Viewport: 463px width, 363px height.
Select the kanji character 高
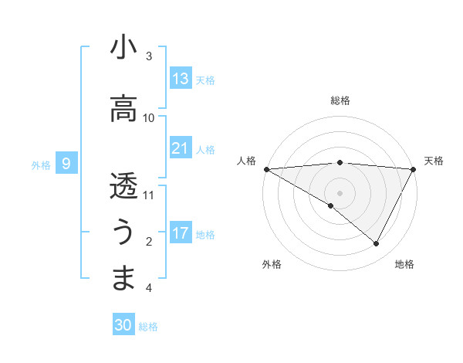pyautogui.click(x=123, y=109)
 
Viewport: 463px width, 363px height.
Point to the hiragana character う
pyautogui.click(x=123, y=231)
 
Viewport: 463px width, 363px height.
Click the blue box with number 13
pyautogui.click(x=181, y=79)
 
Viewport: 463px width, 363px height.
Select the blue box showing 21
pyautogui.click(x=181, y=148)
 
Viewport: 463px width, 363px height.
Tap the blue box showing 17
pyautogui.click(x=181, y=233)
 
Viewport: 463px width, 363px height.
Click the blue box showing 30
pyautogui.click(x=123, y=326)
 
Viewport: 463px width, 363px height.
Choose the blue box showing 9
pyautogui.click(x=66, y=164)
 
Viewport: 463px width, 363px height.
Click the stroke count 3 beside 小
pyautogui.click(x=149, y=56)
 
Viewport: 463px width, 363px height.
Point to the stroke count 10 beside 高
pyautogui.click(x=149, y=117)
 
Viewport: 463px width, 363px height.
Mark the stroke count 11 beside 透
pyautogui.click(x=149, y=195)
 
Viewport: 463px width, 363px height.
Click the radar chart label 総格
pyautogui.click(x=340, y=100)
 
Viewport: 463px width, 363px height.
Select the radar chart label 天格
pyautogui.click(x=434, y=161)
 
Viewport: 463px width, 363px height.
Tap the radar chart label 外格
pyautogui.click(x=272, y=264)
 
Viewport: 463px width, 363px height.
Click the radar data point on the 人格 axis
pyautogui.click(x=266, y=168)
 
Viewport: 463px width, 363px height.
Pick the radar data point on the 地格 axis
pyautogui.click(x=377, y=244)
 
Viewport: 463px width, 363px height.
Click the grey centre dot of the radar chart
pyautogui.click(x=340, y=192)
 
